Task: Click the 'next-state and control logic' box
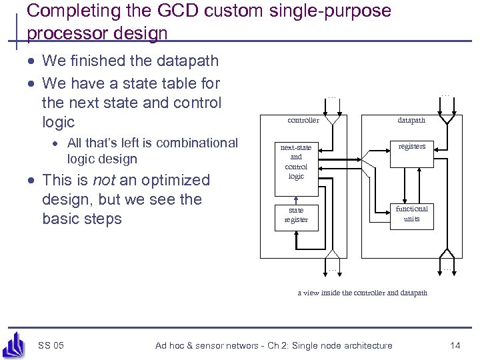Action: click(296, 162)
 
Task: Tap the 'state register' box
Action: click(296, 215)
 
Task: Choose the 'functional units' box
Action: click(412, 214)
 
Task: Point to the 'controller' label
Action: click(303, 121)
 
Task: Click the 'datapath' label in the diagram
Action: click(411, 121)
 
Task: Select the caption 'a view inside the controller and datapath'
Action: click(363, 293)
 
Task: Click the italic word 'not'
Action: click(103, 181)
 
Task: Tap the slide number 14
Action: click(455, 345)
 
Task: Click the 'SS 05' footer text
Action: click(51, 345)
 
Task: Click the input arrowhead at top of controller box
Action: click(333, 121)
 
